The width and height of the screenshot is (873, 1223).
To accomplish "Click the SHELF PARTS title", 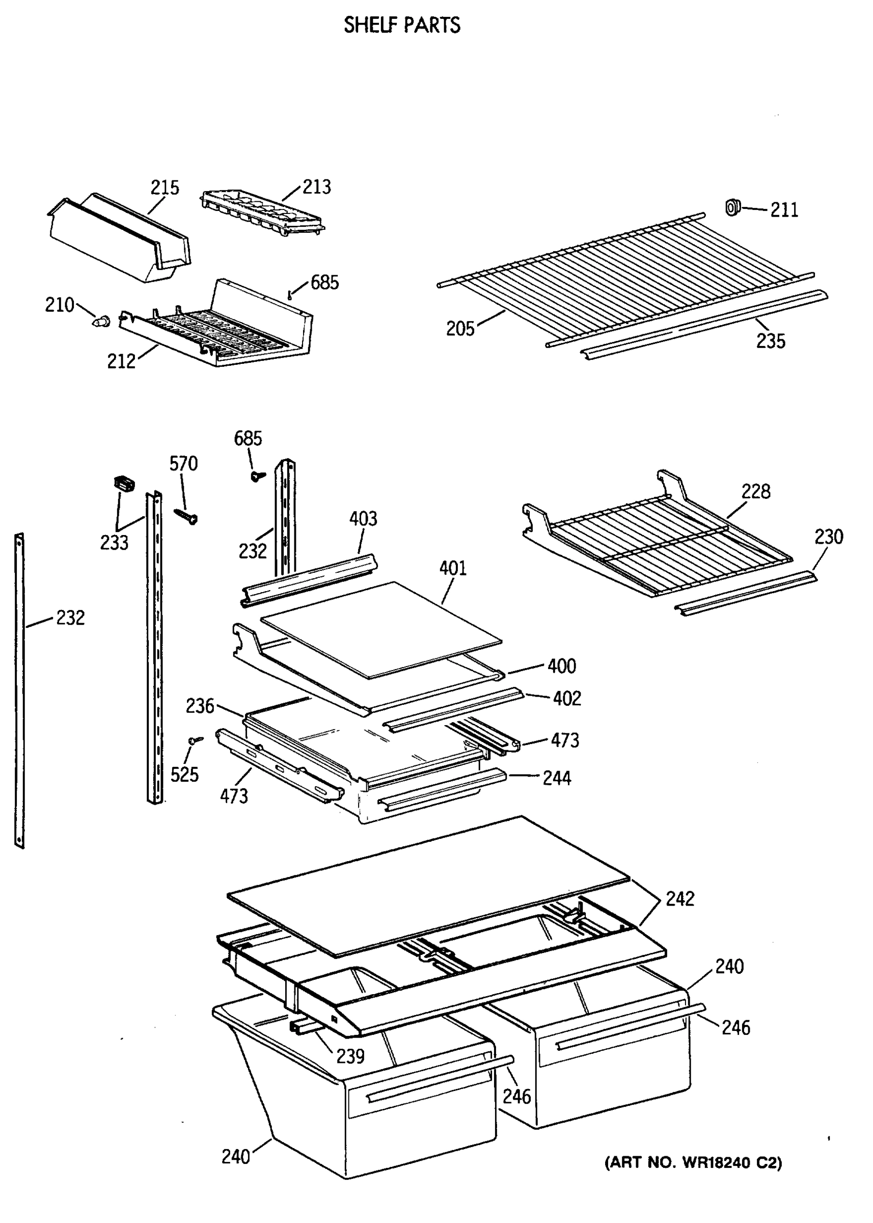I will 401,25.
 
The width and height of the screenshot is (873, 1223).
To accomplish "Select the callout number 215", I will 165,188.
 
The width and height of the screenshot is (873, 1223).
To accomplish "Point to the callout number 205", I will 460,329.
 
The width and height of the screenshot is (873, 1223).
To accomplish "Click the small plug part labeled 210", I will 101,322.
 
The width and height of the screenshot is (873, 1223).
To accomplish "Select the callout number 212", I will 121,361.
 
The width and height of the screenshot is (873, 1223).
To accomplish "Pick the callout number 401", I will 453,568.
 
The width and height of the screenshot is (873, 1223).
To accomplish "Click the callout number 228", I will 755,491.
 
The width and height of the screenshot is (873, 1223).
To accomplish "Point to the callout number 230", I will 828,537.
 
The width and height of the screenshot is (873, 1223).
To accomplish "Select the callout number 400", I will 562,667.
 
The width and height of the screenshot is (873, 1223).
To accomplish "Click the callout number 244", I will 556,778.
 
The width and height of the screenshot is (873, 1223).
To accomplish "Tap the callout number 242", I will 679,899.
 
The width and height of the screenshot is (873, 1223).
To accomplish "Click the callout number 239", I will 350,1056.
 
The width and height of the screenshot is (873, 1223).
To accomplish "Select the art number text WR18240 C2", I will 693,1163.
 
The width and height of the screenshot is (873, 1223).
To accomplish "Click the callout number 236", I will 200,706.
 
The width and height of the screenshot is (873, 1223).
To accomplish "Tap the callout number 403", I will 363,519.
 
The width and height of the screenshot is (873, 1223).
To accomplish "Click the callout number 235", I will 770,341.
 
